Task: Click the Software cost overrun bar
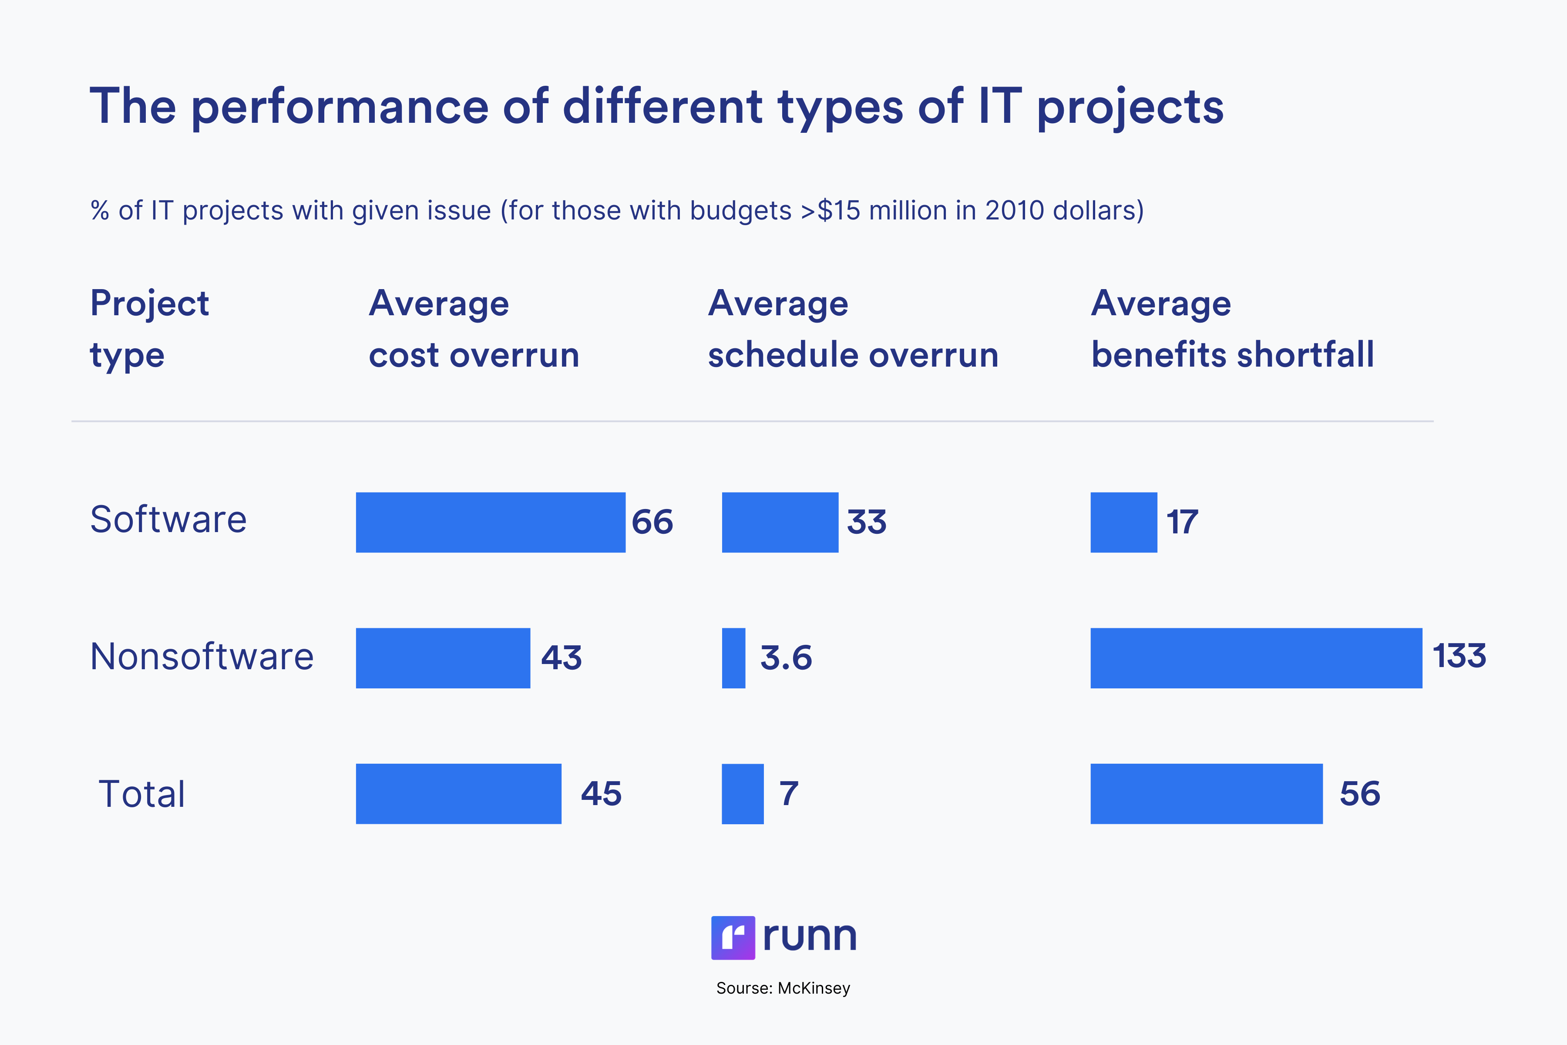tap(491, 522)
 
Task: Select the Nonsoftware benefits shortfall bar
tap(1256, 658)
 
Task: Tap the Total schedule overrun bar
tap(742, 794)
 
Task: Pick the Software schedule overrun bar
tap(780, 522)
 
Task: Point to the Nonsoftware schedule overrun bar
tap(733, 658)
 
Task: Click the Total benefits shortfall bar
tap(1206, 794)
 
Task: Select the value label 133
tap(1459, 657)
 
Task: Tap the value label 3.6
tap(786, 658)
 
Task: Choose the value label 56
tap(1360, 794)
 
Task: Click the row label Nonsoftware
tap(201, 657)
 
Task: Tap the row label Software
tap(168, 520)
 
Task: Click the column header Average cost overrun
tap(474, 329)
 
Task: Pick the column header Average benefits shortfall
tap(1232, 329)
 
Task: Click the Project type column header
tap(149, 329)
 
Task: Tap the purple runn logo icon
tap(733, 938)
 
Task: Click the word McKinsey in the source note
tap(814, 988)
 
